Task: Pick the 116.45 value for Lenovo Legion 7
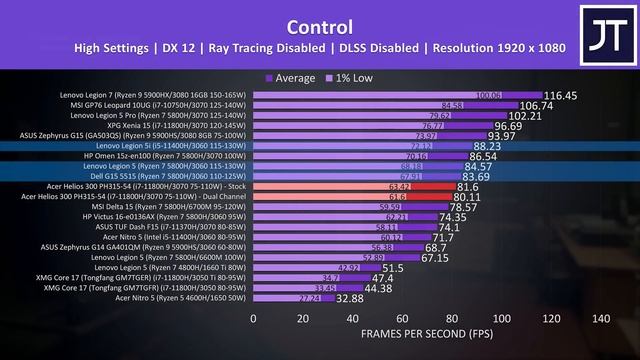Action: (x=561, y=96)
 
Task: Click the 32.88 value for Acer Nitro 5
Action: (x=348, y=298)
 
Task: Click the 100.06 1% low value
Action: (x=490, y=96)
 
